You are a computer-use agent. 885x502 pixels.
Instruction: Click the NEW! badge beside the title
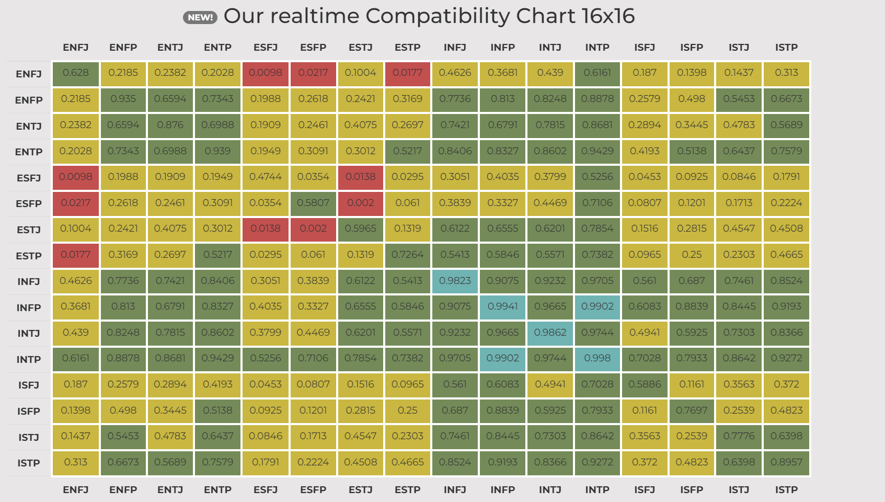click(x=200, y=18)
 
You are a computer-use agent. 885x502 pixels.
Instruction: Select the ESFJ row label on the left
click(x=29, y=178)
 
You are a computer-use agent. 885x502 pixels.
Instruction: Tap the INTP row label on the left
click(x=29, y=359)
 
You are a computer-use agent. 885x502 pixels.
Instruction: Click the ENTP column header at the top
click(x=217, y=48)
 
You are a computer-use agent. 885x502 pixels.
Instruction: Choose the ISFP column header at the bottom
click(x=692, y=489)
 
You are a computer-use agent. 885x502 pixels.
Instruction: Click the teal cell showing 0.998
click(x=597, y=359)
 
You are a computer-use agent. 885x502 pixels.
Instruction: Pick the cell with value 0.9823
click(x=455, y=281)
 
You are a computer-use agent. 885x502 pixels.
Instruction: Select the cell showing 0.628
click(x=76, y=73)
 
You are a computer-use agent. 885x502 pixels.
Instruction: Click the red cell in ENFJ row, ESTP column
click(x=408, y=73)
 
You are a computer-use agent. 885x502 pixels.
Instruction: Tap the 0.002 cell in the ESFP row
click(x=361, y=203)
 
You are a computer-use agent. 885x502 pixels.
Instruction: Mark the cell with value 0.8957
click(x=786, y=463)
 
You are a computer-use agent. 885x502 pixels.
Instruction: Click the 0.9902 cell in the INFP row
click(x=597, y=307)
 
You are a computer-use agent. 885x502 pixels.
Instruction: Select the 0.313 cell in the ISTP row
click(x=76, y=463)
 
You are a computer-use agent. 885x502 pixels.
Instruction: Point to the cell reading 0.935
click(x=123, y=99)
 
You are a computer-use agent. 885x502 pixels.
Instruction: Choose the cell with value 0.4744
click(x=266, y=177)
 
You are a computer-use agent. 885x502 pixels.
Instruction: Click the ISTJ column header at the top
click(x=739, y=48)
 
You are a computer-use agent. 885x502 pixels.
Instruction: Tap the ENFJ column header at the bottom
click(x=76, y=489)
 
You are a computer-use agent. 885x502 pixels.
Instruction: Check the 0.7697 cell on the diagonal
click(x=692, y=410)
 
